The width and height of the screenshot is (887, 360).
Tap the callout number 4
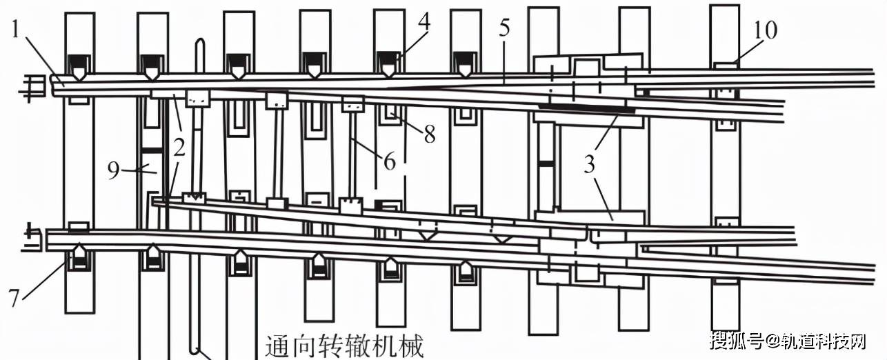(x=424, y=21)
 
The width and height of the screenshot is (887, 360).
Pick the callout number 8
(x=430, y=134)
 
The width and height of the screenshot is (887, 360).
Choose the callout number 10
(x=765, y=30)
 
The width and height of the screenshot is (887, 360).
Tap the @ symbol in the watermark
(x=770, y=341)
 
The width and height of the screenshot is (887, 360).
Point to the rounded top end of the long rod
(x=199, y=45)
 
